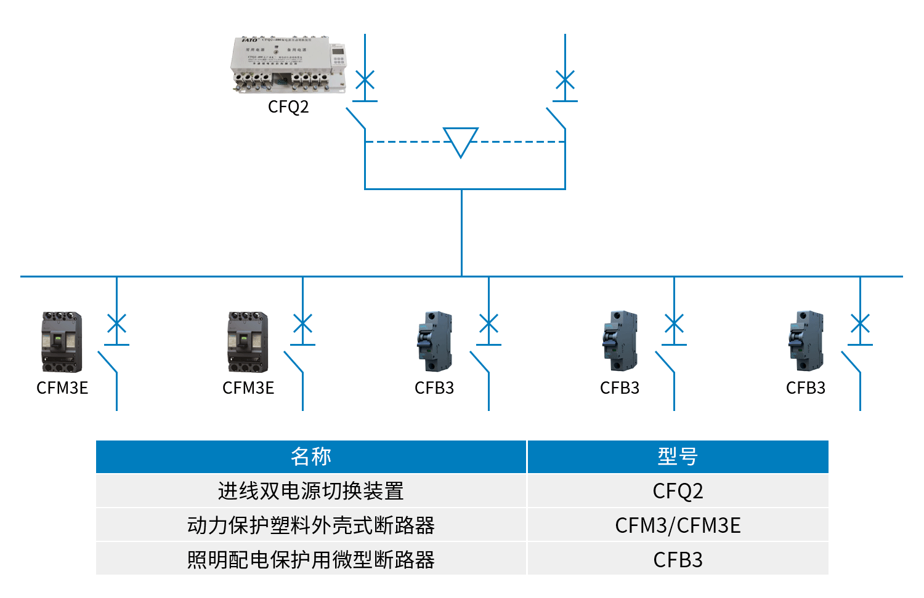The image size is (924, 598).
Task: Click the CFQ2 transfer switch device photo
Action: (288, 65)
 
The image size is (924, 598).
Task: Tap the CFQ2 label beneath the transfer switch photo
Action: (288, 107)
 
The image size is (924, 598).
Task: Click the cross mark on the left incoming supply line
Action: (365, 80)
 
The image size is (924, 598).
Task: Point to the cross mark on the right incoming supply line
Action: (565, 80)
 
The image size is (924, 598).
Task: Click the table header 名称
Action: (311, 456)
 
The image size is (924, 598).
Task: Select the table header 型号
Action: (678, 456)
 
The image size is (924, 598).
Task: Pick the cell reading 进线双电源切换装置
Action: (311, 491)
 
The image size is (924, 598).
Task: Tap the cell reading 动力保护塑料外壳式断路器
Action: (311, 525)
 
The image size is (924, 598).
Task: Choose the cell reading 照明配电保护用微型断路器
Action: (311, 560)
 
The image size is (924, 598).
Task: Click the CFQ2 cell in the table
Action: (678, 491)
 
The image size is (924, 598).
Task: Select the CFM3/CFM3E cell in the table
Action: (678, 525)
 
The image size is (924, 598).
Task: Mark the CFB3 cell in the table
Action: (678, 560)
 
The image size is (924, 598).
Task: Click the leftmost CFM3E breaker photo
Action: (62, 342)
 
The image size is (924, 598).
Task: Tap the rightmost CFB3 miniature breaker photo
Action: (806, 341)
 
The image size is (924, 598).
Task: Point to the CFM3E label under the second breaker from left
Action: (248, 388)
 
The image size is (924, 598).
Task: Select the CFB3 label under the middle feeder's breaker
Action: (434, 388)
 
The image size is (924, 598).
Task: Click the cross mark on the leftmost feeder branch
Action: (116, 324)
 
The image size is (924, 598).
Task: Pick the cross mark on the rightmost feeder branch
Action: (860, 324)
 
